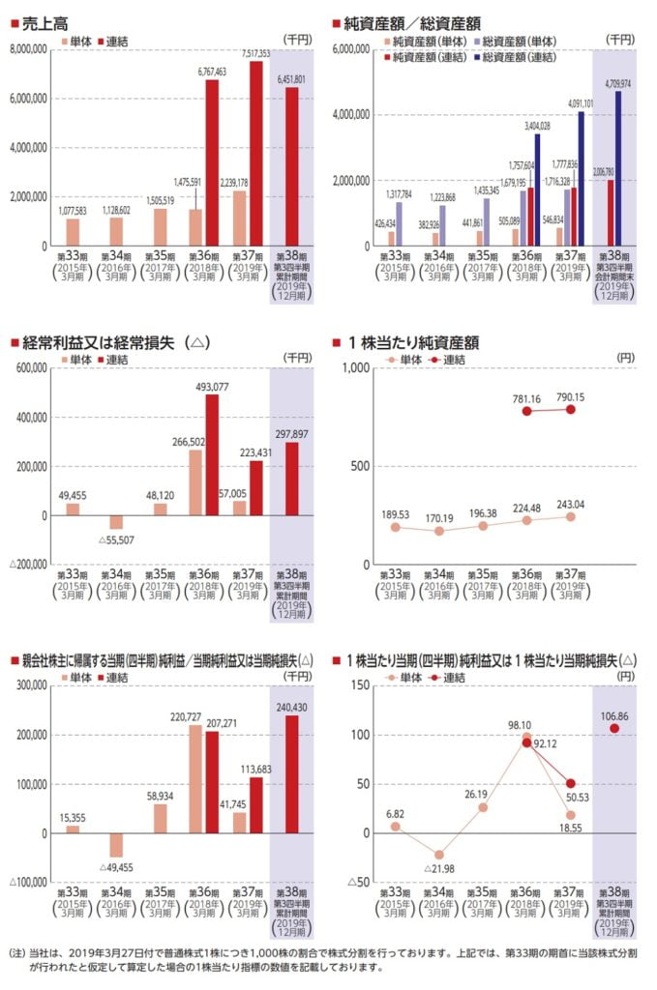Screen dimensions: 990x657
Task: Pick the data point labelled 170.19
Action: (x=439, y=531)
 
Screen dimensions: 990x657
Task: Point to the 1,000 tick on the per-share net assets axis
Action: (x=359, y=368)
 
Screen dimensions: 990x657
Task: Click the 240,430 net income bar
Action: (x=291, y=773)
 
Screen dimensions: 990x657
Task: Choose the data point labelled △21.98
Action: (x=439, y=855)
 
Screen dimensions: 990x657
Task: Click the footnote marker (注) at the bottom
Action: (x=18, y=952)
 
